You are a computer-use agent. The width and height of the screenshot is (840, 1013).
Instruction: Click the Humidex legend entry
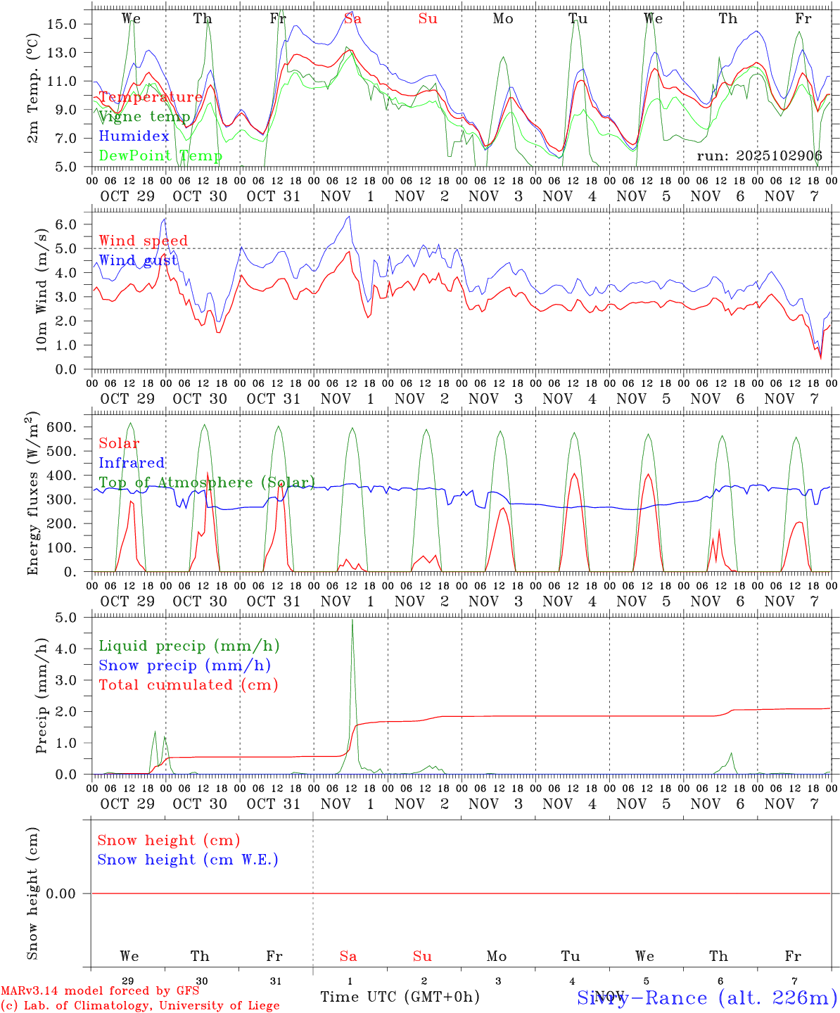point(134,136)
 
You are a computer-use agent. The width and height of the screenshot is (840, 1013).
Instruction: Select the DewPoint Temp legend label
point(160,156)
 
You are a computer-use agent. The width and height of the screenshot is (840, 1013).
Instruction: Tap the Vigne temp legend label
point(144,117)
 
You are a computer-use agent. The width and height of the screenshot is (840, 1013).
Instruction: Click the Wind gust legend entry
point(138,260)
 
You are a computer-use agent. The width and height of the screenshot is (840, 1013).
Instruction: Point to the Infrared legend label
point(132,463)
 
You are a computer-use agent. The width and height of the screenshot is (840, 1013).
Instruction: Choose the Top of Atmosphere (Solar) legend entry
point(207,483)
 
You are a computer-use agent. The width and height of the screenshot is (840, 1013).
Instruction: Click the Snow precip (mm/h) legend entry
point(184,665)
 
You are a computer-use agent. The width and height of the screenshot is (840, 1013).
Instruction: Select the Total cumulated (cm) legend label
point(188,685)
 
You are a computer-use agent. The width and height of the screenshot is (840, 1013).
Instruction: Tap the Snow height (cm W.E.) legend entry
point(188,860)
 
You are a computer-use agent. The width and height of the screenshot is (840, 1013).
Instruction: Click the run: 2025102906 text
point(759,156)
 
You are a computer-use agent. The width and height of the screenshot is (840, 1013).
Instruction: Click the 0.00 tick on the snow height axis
point(70,893)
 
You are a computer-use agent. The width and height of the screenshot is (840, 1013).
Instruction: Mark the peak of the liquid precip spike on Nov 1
point(352,620)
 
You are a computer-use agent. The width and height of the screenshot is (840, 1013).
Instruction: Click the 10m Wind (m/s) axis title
point(42,290)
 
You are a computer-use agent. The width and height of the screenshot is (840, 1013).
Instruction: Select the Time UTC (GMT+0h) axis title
point(400,997)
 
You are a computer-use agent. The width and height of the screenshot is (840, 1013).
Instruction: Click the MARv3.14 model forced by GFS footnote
point(100,991)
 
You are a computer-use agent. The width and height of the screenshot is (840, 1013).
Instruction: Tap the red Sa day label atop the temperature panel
point(352,19)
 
